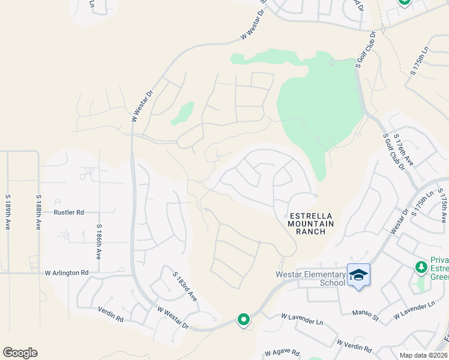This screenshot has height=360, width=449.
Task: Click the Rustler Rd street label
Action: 68,212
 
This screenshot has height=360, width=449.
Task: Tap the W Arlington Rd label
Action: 67,273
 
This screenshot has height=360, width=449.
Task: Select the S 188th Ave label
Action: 38,212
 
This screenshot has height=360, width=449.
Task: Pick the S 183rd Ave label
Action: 184,285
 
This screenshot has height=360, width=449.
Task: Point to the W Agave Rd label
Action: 282,353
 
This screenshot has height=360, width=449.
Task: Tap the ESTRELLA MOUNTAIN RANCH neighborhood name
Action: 310,223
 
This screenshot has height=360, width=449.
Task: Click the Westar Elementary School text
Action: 310,279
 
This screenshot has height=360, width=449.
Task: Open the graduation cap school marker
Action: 358,275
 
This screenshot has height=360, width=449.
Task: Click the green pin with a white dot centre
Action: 243,320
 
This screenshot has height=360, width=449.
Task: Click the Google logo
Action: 20,353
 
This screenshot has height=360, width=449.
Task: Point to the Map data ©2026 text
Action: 423,355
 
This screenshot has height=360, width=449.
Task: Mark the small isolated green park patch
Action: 183,113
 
